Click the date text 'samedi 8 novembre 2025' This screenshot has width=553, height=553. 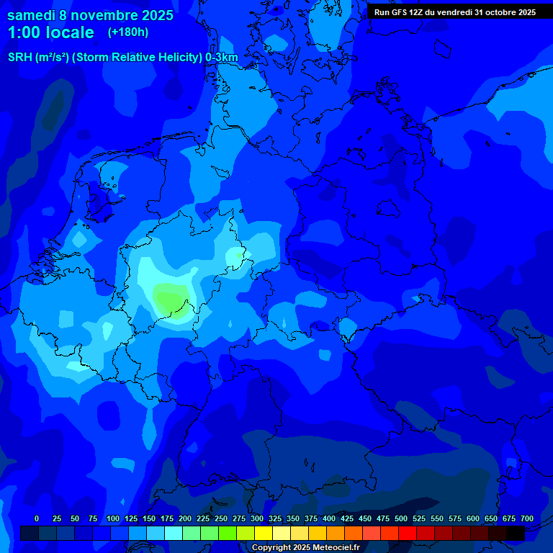[90, 15]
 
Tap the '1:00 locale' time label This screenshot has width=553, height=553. [50, 32]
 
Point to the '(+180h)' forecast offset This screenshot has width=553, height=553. [128, 32]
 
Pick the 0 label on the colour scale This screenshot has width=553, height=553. [37, 518]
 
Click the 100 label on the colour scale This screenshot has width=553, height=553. [112, 518]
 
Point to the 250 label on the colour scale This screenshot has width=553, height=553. [221, 518]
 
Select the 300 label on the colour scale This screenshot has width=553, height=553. [257, 518]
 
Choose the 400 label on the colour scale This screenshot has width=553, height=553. [329, 518]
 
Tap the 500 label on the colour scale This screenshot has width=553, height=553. [401, 518]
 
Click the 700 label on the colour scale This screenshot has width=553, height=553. [527, 518]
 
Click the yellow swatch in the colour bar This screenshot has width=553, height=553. [264, 533]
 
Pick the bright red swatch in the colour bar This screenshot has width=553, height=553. [408, 533]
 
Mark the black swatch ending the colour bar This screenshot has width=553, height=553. [516, 533]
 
